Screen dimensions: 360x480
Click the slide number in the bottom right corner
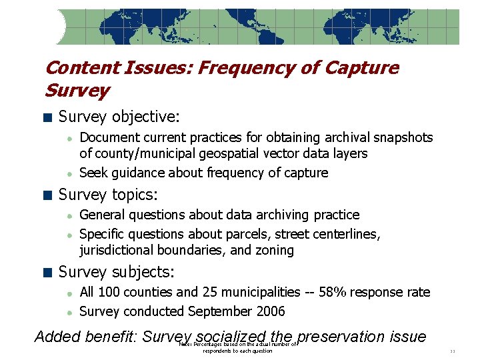tap(452, 351)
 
